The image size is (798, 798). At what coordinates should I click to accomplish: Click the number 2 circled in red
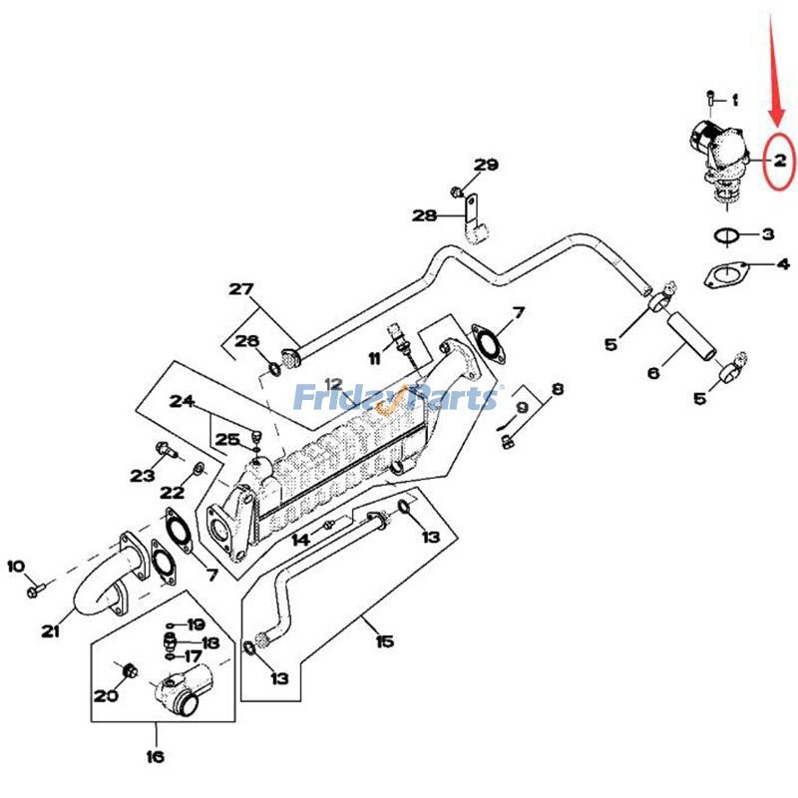780,160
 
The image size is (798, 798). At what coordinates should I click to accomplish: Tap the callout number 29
486,165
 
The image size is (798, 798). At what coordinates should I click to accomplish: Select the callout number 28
425,215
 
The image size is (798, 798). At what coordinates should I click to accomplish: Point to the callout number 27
240,290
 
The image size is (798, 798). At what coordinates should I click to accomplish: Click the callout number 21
50,630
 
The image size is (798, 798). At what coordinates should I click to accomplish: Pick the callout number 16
155,757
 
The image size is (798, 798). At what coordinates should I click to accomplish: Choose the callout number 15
384,641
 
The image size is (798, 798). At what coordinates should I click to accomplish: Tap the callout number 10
16,567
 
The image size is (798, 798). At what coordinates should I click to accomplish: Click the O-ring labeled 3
727,236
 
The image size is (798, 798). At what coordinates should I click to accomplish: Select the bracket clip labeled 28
473,221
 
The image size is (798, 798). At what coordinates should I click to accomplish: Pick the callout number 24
181,402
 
